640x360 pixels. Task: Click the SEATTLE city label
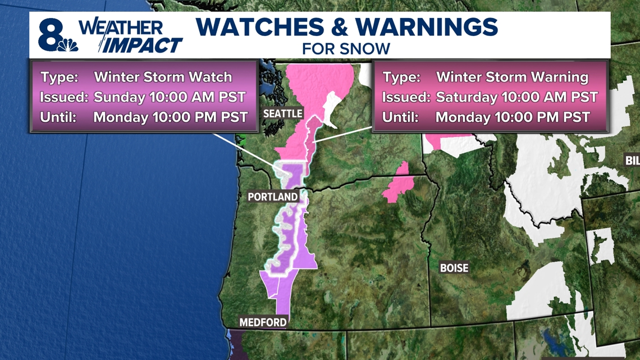283,113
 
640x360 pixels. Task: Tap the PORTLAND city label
273,197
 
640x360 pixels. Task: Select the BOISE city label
454,268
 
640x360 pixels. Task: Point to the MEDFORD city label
263,322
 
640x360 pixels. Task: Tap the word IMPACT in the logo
143,45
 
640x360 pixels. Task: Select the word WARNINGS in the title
427,27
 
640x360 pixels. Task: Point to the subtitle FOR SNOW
346,48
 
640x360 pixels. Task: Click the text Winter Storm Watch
163,77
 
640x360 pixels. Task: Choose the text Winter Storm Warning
512,77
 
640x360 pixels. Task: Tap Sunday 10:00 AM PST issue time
170,97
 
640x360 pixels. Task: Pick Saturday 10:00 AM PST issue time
516,97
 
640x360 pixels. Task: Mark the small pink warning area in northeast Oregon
399,183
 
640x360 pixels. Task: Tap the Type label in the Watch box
58,77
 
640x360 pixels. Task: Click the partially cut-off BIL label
633,161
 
